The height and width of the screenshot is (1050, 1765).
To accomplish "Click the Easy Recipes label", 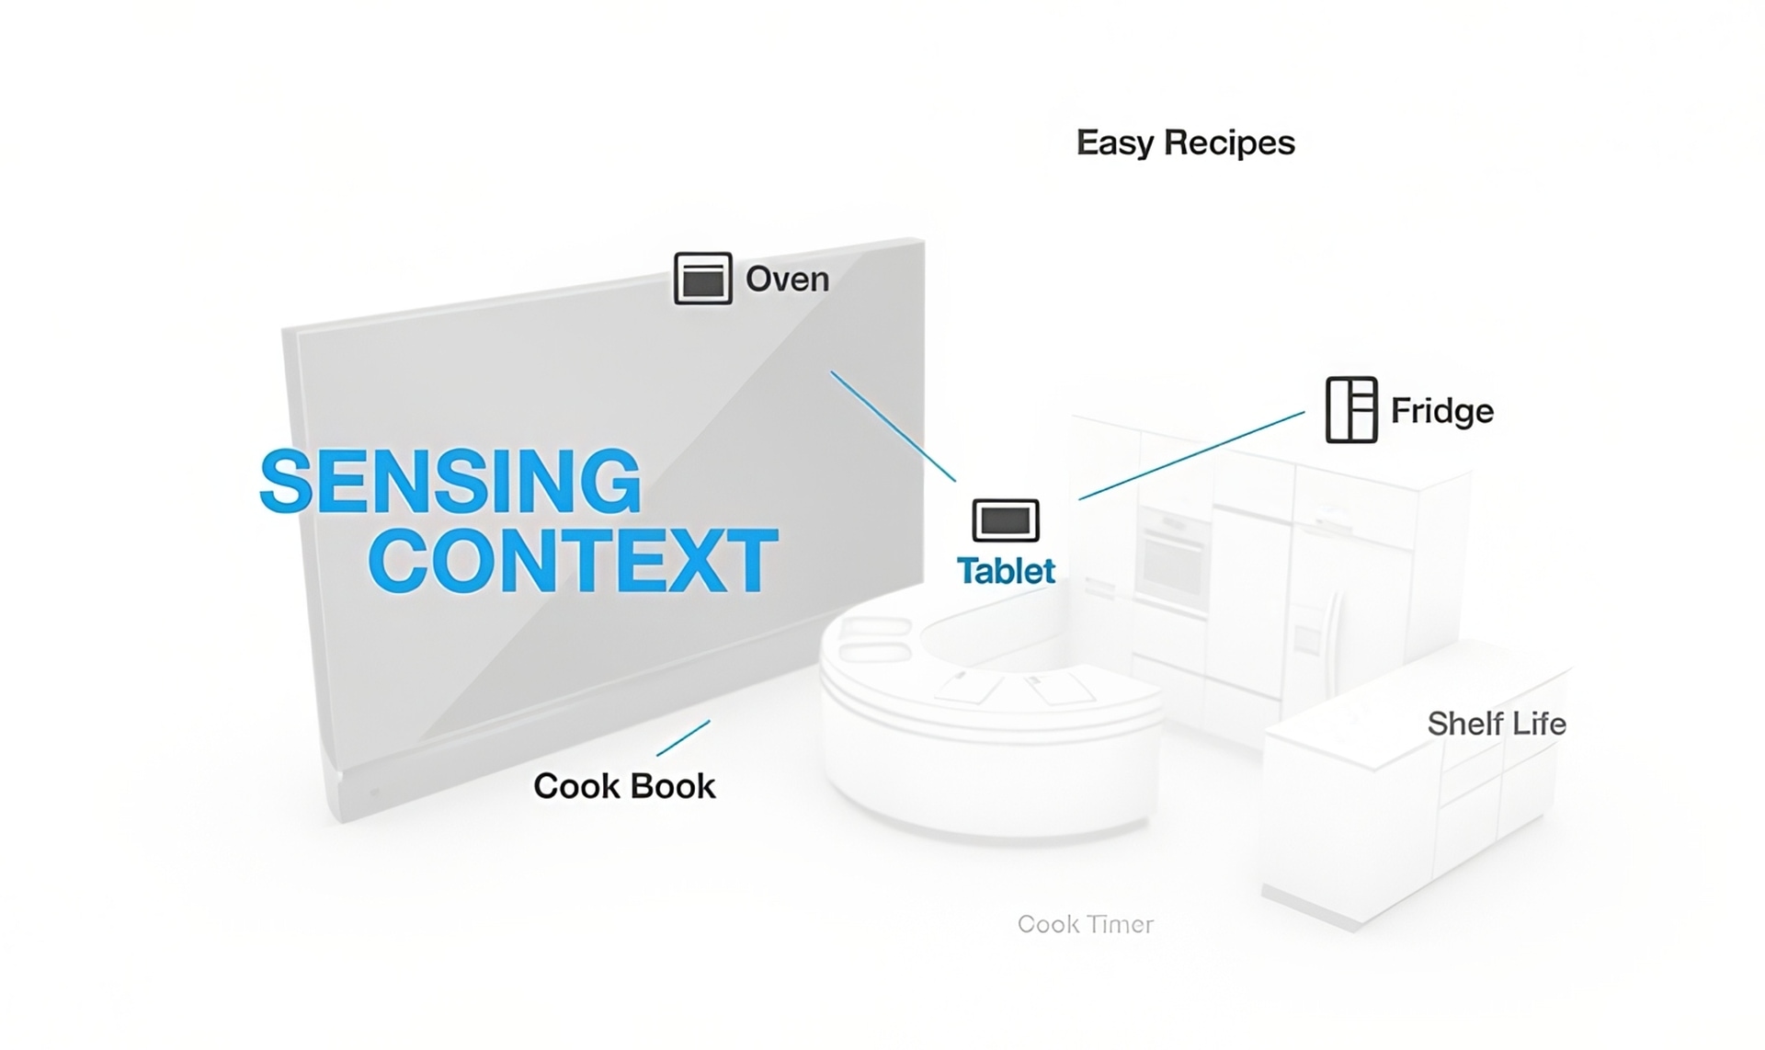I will [1185, 143].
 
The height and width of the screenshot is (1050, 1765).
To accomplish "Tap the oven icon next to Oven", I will [703, 279].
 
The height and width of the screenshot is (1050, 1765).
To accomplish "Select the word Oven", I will [787, 280].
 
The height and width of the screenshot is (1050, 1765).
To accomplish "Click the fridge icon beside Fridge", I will [1350, 410].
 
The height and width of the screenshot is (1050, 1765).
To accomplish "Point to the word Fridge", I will [1441, 411].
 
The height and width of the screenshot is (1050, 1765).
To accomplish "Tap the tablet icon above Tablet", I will [1006, 520].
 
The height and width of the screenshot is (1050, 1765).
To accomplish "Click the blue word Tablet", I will [1006, 571].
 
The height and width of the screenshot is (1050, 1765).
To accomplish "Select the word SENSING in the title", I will [450, 481].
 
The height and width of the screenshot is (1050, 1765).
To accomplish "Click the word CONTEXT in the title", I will [573, 560].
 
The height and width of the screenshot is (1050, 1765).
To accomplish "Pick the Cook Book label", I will [624, 786].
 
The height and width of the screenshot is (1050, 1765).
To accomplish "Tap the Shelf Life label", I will [1496, 724].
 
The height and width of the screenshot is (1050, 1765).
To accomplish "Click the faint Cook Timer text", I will [1085, 924].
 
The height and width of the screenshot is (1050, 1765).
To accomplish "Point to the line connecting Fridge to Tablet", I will [1191, 456].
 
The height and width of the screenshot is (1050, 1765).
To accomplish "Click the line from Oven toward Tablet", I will [893, 426].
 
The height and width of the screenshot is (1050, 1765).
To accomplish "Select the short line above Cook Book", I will [683, 738].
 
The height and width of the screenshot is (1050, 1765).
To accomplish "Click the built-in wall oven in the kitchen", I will [1171, 561].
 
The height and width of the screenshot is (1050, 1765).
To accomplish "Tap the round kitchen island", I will [988, 726].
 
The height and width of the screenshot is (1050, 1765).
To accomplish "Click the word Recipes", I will [1229, 143].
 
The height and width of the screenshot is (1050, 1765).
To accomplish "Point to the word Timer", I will [1120, 924].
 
